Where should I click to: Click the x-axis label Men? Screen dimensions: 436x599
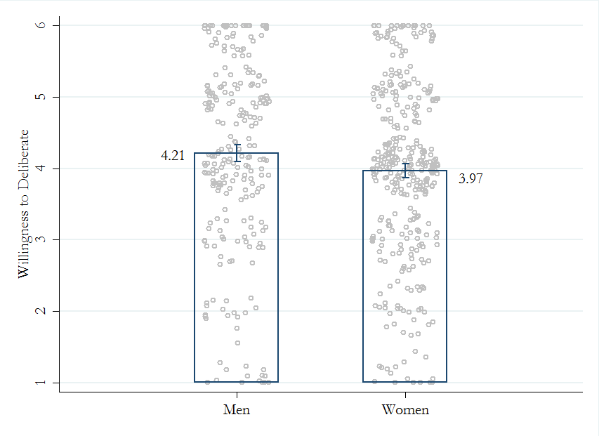coord(236,410)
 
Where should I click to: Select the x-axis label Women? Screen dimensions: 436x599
coord(404,410)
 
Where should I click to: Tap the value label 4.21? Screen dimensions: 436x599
coord(173,156)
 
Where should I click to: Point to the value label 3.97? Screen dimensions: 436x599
coord(470,179)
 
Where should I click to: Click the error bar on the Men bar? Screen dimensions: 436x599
coord(237,153)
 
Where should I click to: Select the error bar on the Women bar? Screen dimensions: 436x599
coord(405,171)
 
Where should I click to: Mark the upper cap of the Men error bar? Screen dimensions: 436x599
coord(237,145)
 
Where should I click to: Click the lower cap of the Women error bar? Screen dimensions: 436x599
coord(405,178)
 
